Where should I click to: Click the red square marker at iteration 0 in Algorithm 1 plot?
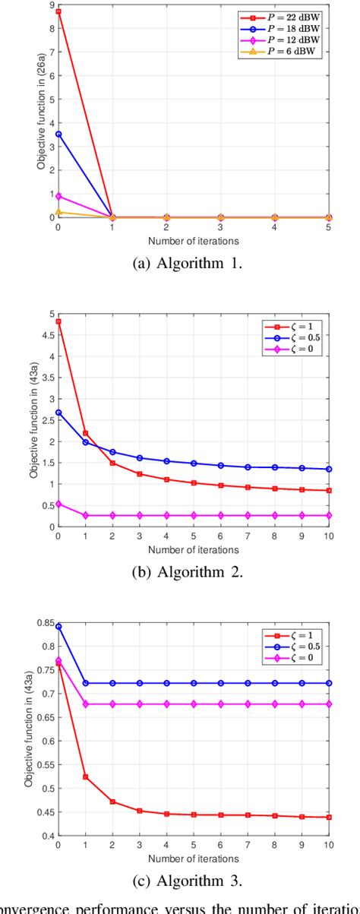click(58, 12)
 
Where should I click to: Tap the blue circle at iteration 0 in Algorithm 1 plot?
click(58, 134)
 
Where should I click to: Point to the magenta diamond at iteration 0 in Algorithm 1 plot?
click(58, 196)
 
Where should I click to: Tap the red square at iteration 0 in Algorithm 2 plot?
click(58, 321)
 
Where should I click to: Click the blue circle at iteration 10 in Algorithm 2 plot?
click(328, 469)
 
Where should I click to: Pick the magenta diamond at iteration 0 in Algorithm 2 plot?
click(58, 503)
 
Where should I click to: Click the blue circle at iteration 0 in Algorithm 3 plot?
click(58, 626)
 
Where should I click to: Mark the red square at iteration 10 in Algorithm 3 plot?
click(328, 817)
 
